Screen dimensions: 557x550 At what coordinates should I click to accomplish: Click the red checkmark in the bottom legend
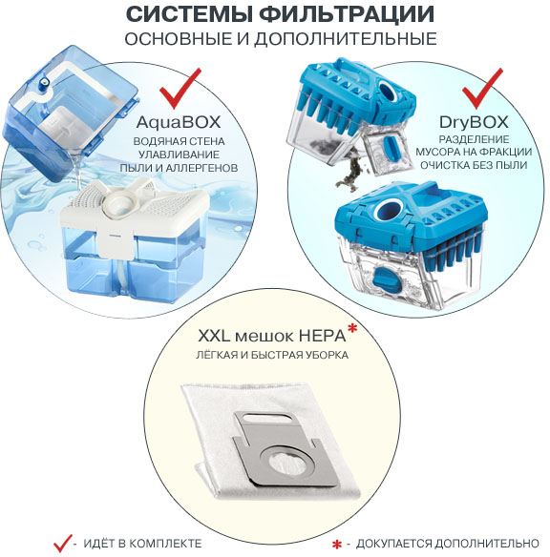(x=63, y=542)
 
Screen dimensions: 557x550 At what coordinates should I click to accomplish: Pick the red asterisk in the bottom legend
(x=335, y=545)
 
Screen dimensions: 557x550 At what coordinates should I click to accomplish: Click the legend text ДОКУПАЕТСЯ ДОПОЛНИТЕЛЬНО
(x=449, y=544)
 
